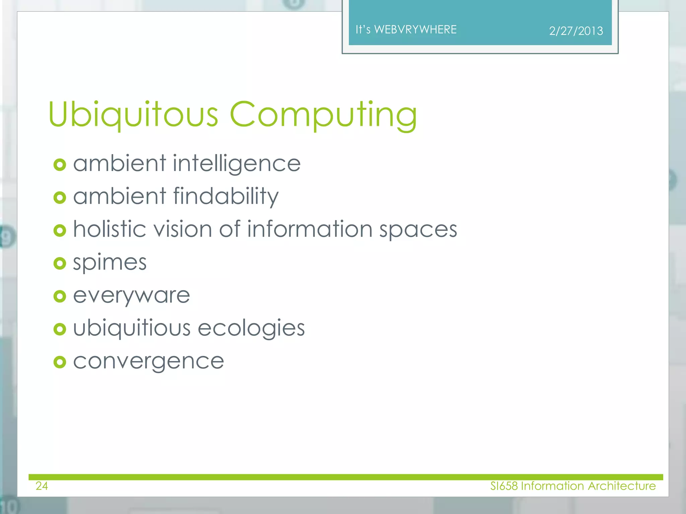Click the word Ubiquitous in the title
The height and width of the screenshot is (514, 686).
(133, 114)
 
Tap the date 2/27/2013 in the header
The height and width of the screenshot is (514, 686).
(576, 31)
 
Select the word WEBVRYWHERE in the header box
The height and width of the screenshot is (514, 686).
(415, 30)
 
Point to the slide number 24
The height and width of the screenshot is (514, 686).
(42, 486)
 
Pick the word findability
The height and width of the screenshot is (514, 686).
(226, 196)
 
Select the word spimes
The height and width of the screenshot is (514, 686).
(110, 263)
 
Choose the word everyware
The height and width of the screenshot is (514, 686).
(132, 296)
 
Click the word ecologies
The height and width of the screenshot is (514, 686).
(251, 328)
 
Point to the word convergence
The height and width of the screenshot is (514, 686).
(149, 362)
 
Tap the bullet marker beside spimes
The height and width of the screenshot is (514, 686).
(60, 263)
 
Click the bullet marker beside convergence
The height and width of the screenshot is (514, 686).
(60, 362)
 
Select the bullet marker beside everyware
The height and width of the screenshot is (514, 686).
(60, 296)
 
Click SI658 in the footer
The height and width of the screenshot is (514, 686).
(504, 486)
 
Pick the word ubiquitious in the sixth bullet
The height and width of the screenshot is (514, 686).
(132, 328)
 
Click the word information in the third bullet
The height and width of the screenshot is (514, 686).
(310, 229)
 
